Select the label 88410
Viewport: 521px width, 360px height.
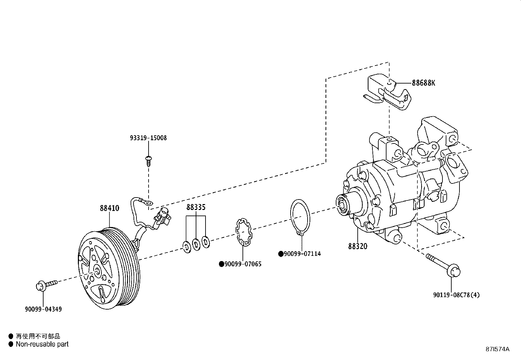[x=109, y=208]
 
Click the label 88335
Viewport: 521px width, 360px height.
[x=196, y=207]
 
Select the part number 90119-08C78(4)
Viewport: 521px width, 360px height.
[x=456, y=295]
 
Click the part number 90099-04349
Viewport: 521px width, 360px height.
[x=43, y=309]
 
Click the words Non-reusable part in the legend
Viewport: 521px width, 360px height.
[x=42, y=344]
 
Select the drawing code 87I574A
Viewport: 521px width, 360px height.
[x=497, y=349]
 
